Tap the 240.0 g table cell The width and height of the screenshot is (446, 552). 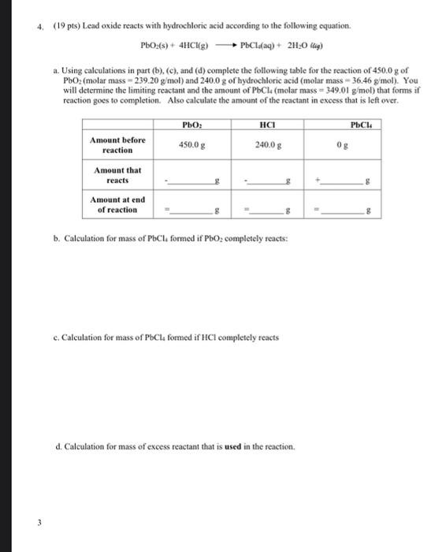pyautogui.click(x=266, y=145)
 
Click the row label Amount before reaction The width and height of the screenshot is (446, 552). pyautogui.click(x=117, y=145)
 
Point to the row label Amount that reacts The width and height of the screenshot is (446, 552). pyautogui.click(x=117, y=175)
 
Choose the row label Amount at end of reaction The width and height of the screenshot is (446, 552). pyautogui.click(x=117, y=205)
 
